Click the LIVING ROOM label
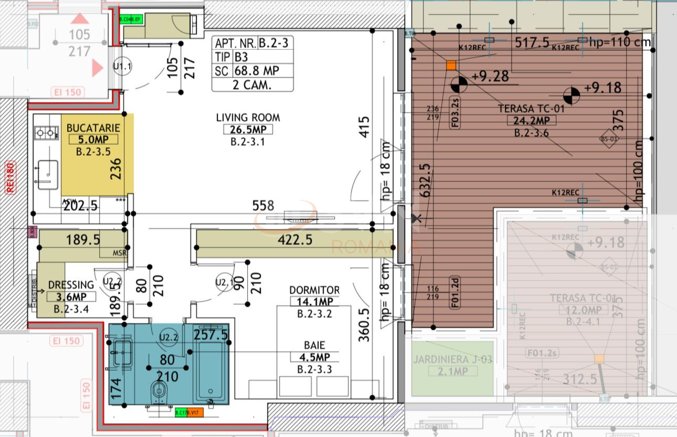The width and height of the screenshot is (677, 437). [248, 118]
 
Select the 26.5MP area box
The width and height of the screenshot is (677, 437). [248, 130]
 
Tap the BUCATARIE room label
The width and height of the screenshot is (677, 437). [93, 128]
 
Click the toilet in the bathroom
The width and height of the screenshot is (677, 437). [158, 391]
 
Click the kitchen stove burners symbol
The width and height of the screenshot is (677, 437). [46, 133]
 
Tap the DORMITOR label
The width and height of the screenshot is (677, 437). [314, 290]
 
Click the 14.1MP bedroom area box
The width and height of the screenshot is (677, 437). [314, 302]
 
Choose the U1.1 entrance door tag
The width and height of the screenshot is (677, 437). [122, 67]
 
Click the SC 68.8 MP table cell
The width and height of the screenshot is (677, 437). [252, 71]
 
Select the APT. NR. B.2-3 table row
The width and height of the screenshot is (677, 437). [252, 43]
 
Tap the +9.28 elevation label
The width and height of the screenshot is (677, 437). [490, 77]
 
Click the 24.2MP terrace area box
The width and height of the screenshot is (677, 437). [531, 121]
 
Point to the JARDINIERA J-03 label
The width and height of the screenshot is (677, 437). [452, 360]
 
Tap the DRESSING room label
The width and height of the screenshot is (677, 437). [71, 285]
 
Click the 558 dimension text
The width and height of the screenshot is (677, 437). [263, 206]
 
